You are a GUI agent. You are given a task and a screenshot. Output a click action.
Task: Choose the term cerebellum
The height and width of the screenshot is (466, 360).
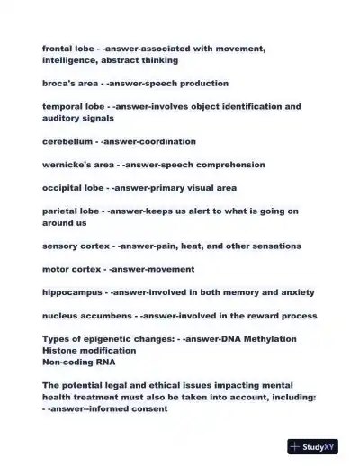coord(68,141)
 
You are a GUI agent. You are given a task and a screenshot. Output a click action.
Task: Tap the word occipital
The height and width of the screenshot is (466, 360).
coord(63,188)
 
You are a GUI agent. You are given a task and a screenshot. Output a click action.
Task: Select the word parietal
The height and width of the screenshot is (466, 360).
coord(61,211)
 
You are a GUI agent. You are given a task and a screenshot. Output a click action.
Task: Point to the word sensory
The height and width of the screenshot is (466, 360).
coord(61,246)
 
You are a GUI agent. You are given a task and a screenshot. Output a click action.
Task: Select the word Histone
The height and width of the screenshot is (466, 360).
coord(60,351)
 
